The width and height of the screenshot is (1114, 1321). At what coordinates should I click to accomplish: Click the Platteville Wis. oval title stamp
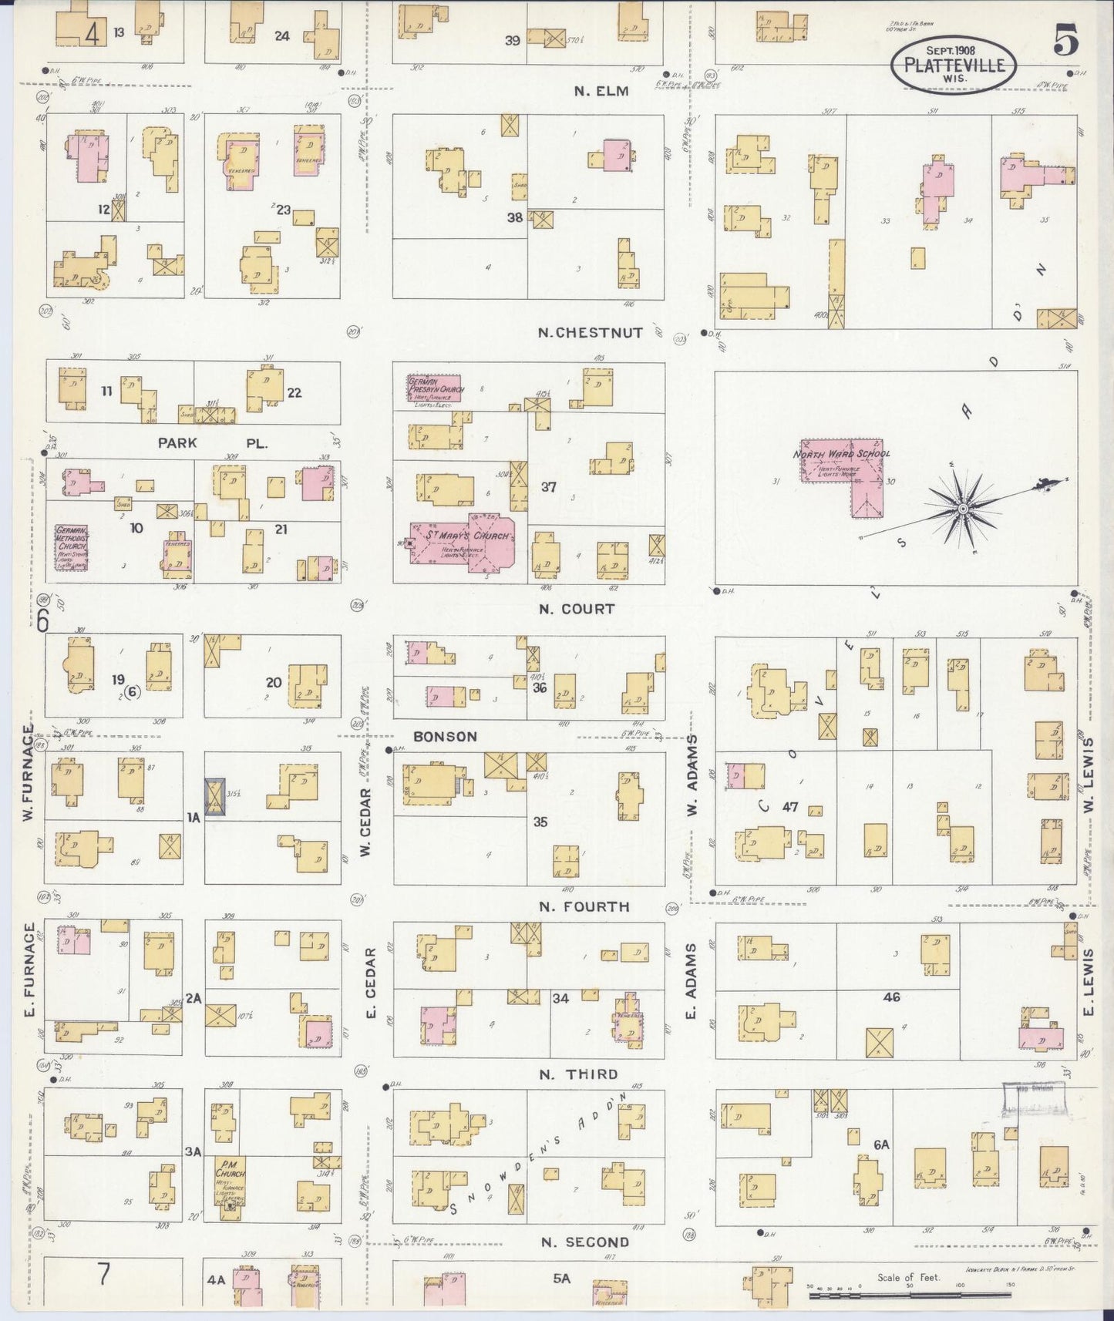pyautogui.click(x=954, y=64)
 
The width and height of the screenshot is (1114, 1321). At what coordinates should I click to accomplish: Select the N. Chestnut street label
pyautogui.click(x=590, y=333)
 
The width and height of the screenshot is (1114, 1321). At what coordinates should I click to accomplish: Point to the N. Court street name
pyautogui.click(x=577, y=609)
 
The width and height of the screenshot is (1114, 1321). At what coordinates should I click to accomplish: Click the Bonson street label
pyautogui.click(x=445, y=737)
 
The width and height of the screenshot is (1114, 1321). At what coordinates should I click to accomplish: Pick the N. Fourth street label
pyautogui.click(x=584, y=906)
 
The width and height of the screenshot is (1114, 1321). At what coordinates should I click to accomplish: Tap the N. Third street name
pyautogui.click(x=578, y=1074)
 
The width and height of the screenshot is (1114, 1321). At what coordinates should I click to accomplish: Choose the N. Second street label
pyautogui.click(x=584, y=1242)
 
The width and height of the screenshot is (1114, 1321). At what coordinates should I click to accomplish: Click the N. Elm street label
pyautogui.click(x=601, y=91)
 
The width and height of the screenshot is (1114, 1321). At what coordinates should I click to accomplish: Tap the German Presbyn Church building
pyautogui.click(x=436, y=390)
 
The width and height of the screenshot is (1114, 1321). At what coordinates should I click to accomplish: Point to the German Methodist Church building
pyautogui.click(x=71, y=547)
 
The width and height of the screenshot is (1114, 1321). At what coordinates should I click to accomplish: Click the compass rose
pyautogui.click(x=963, y=509)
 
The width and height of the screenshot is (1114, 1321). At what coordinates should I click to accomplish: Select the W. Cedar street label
pyautogui.click(x=365, y=821)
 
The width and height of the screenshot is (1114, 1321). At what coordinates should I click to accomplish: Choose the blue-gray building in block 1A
pyautogui.click(x=215, y=797)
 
